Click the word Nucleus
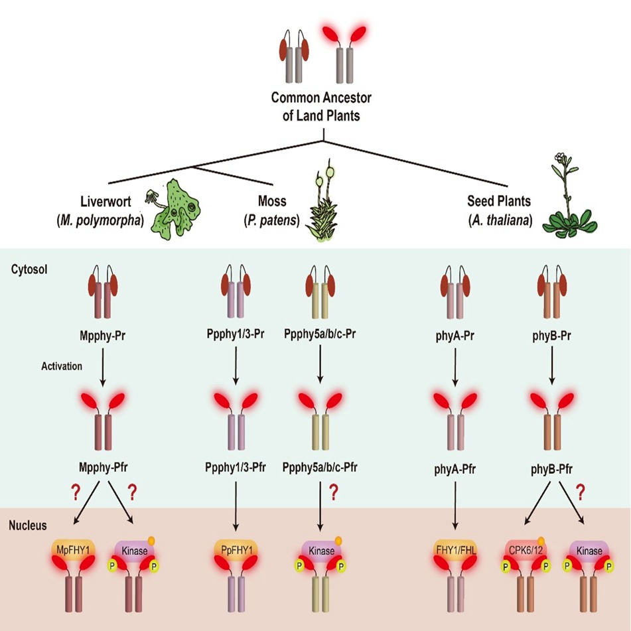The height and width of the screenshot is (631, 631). (28, 526)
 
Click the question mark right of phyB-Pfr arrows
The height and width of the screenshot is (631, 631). (581, 492)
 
